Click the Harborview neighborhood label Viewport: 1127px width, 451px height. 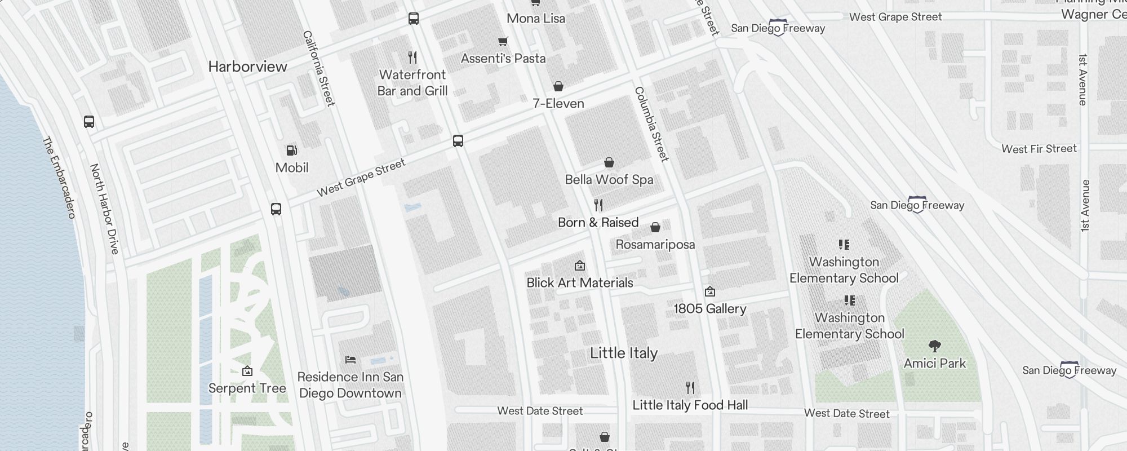247,67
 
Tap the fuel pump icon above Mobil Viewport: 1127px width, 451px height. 292,151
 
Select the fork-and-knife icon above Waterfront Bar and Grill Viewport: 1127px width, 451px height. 412,58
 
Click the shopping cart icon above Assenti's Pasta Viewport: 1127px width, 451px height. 503,41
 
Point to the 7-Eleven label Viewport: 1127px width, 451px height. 558,104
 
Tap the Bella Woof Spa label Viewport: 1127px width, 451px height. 609,180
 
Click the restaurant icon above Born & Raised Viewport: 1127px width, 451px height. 598,205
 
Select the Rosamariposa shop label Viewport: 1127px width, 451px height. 655,245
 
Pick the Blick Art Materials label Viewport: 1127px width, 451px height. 579,283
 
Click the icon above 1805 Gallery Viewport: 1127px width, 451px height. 710,291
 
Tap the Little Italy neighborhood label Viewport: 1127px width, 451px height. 623,353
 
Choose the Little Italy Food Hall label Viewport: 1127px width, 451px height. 690,405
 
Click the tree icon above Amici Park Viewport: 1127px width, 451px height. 934,346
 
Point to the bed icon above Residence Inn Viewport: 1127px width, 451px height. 350,360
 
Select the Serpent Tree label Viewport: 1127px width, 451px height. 247,388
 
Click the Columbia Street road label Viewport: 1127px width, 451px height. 651,124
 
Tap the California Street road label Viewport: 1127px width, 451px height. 319,68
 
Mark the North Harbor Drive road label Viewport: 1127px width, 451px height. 105,209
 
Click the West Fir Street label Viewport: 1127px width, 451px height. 1039,149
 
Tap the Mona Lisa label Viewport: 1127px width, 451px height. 535,19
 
